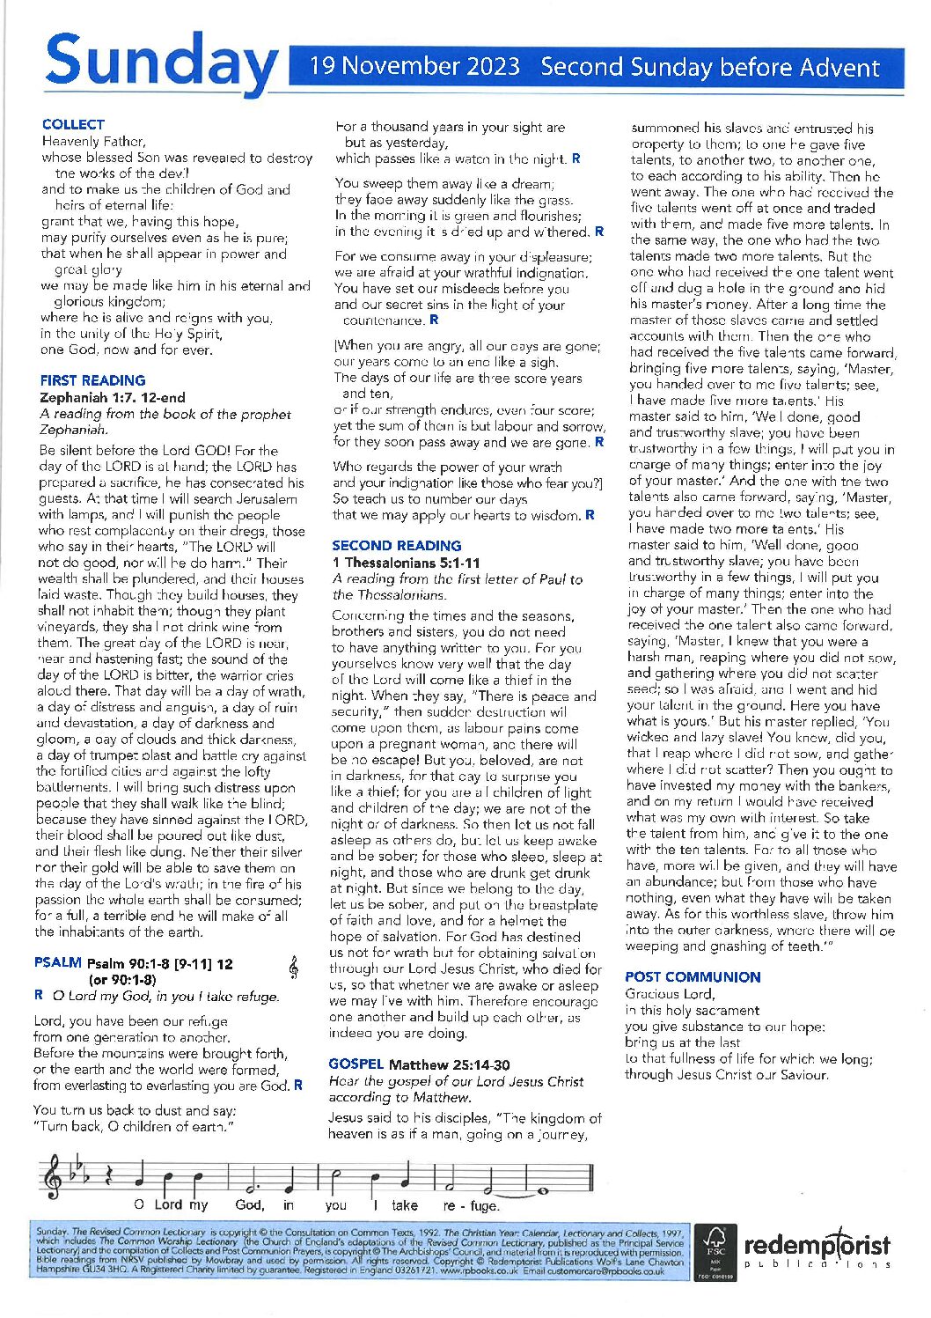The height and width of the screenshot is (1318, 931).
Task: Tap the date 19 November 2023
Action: [414, 67]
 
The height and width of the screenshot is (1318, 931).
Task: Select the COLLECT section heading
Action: [73, 125]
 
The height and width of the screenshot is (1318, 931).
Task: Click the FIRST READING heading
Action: [92, 381]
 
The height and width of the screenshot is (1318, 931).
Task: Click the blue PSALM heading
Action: [57, 963]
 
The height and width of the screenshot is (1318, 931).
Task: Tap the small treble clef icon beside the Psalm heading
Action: [293, 968]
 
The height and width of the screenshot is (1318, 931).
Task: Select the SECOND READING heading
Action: [397, 546]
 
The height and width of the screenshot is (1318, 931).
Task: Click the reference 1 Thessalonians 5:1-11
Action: [407, 563]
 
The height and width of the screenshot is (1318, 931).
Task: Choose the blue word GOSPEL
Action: [356, 1064]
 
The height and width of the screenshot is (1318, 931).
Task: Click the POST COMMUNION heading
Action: [693, 977]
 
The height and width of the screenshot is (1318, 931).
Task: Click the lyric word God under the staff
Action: [249, 1205]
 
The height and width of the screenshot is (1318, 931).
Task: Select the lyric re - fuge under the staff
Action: [471, 1205]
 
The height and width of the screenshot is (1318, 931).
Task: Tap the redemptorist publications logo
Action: [817, 1249]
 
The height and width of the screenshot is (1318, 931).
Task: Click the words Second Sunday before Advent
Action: [710, 68]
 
